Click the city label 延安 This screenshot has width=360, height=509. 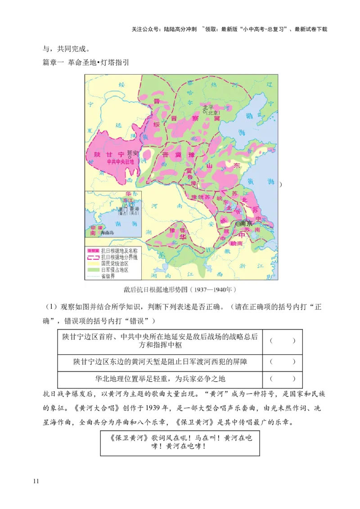coord(133,152)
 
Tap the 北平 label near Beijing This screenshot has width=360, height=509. coord(208,107)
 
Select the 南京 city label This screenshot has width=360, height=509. coord(247,223)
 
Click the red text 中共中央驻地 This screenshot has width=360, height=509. coord(120,161)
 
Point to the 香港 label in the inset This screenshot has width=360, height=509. coord(134,209)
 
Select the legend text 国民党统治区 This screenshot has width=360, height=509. coord(115,263)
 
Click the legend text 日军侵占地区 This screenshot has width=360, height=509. coord(115,270)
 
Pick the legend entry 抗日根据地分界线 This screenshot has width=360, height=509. coord(119,257)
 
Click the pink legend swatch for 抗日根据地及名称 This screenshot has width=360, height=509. coord(93,251)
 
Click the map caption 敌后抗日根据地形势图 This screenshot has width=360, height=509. coord(155,289)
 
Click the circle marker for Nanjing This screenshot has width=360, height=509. coord(238,223)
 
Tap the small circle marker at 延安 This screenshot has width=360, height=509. coord(130,157)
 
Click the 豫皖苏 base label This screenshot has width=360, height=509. coord(201,197)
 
